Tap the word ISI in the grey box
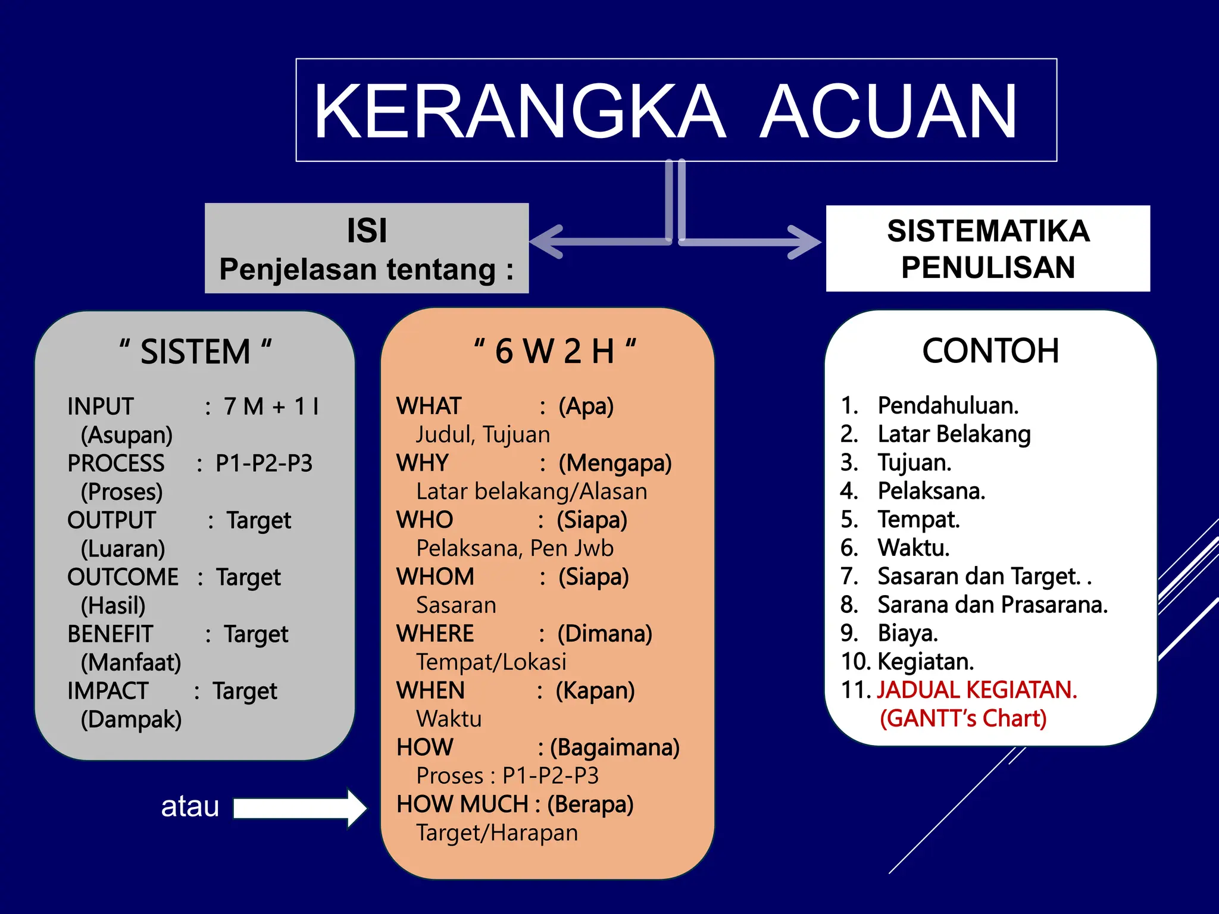tap(367, 231)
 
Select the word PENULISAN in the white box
tap(988, 267)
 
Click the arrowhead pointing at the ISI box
tap(545, 242)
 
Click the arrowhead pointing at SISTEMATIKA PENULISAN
tap(807, 242)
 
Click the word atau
tap(190, 807)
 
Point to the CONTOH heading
tap(990, 350)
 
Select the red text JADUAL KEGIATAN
tap(977, 690)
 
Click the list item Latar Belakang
tap(954, 434)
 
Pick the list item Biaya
tap(908, 633)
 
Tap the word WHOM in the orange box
tap(435, 577)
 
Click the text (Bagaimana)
tap(614, 747)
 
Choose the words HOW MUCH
tap(462, 805)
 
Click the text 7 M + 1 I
tap(271, 407)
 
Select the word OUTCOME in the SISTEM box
tap(123, 577)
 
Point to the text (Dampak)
tap(131, 719)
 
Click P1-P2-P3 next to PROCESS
tap(264, 464)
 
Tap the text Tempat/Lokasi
tap(491, 662)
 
